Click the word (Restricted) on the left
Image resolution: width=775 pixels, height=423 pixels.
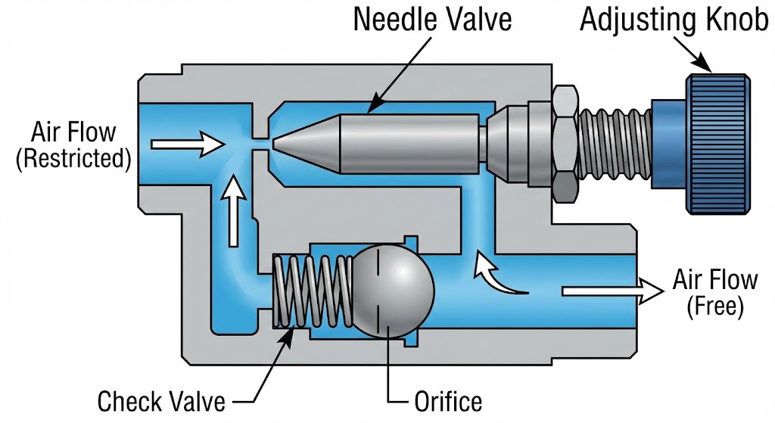pos(73,158)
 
